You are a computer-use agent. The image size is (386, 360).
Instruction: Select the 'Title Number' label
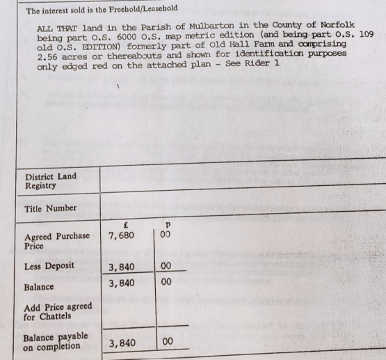coord(50,208)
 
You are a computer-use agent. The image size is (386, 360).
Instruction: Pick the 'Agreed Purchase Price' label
coord(56,240)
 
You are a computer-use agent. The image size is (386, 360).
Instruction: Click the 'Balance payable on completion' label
coord(56,341)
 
